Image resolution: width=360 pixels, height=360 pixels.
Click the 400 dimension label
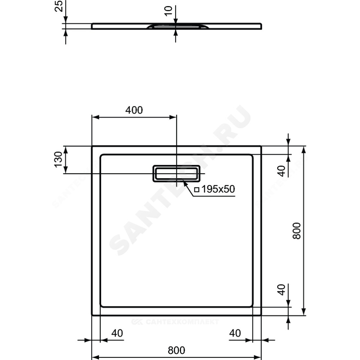coord(134,110)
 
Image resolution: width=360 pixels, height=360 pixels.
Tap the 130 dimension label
coord(59,159)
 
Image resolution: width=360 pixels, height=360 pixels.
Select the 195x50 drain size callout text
coord(218,189)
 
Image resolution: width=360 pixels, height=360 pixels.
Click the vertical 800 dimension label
coord(297,231)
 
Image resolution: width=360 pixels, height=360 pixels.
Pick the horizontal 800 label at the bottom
coord(176,350)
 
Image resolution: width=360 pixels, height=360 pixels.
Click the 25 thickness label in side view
coord(59,6)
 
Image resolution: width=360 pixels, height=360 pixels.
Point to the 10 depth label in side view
coord(168,11)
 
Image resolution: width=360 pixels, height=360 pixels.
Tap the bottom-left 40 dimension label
coord(117,333)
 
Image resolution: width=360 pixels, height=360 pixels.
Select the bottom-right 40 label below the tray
coord(235,333)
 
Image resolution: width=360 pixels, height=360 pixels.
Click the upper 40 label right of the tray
coord(282,171)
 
